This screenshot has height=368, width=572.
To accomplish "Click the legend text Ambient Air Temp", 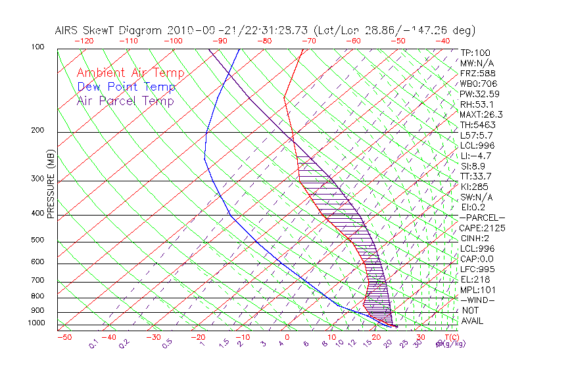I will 130,73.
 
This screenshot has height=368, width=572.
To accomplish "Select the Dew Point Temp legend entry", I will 126,87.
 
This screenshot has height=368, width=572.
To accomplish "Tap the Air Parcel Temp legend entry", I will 125,101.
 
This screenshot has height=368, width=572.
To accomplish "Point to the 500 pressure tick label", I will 39,240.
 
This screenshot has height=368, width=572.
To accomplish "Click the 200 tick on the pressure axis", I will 39,130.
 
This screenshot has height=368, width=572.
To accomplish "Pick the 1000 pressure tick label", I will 37,323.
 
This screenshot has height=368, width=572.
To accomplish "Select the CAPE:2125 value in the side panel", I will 481,228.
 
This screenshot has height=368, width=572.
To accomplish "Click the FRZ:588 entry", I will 476,74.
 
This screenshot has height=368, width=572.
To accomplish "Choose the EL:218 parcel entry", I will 475,279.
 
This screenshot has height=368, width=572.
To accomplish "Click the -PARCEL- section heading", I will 482,218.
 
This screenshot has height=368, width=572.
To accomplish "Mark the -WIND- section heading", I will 478,300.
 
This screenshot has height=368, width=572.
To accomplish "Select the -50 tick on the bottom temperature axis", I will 64,337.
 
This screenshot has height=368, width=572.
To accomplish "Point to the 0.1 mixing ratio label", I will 93,343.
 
